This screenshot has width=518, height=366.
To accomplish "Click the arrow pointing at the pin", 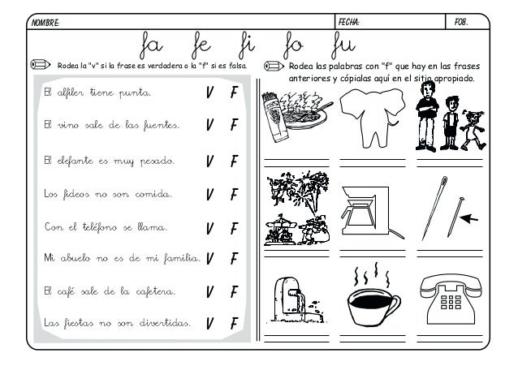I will pos(468,217).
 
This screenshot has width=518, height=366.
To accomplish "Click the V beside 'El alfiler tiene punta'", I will pos(210,94).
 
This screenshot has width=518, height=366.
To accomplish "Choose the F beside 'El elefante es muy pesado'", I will pos(233,161).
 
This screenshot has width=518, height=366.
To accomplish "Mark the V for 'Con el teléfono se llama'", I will pos(210,228).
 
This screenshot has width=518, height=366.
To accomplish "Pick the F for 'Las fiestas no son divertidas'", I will pos(233,325).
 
